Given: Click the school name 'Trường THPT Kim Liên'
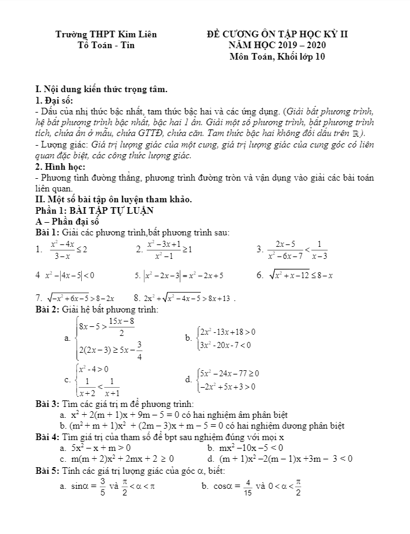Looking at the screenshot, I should tap(106, 34).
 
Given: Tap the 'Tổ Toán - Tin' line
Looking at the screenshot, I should tap(106, 45).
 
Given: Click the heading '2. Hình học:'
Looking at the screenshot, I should tap(61, 166).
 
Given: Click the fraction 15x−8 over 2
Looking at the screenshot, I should tap(121, 328).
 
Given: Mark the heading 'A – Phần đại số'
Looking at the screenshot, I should tap(67, 222).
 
